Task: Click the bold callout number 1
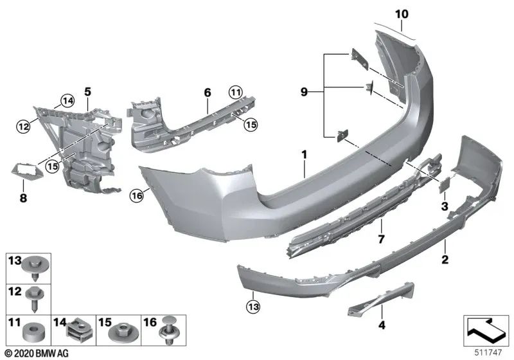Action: (304, 154)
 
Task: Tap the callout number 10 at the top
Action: (402, 14)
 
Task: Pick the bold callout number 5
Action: (208, 93)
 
